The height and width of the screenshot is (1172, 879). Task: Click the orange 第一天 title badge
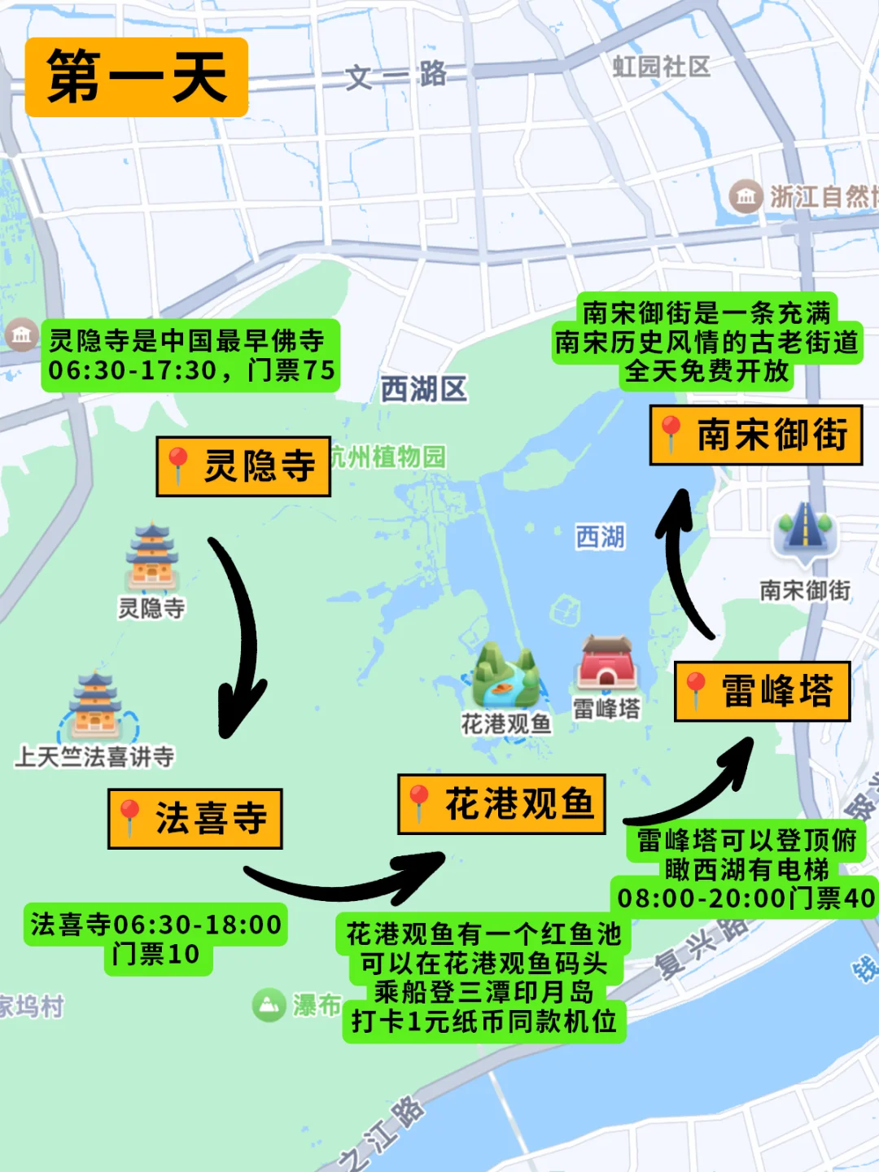pos(137,77)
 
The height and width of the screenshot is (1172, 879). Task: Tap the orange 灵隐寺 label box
pos(243,466)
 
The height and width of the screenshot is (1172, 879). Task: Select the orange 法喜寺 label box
pos(195,819)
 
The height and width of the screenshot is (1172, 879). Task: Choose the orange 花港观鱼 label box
pos(501,804)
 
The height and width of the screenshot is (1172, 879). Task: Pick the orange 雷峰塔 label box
pos(762,692)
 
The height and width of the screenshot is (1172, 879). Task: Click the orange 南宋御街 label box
pos(755,435)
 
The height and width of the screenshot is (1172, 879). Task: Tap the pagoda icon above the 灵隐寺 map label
pos(152,558)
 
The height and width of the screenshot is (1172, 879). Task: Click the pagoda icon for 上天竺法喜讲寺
pos(96,706)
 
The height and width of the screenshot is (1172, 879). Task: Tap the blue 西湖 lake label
pos(600,537)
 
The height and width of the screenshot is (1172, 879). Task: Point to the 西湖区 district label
pos(423,390)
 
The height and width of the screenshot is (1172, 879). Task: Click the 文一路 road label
pos(396,76)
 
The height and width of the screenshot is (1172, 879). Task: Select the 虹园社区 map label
pos(661,67)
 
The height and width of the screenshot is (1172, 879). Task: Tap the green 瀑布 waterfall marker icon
pos(268,1005)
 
